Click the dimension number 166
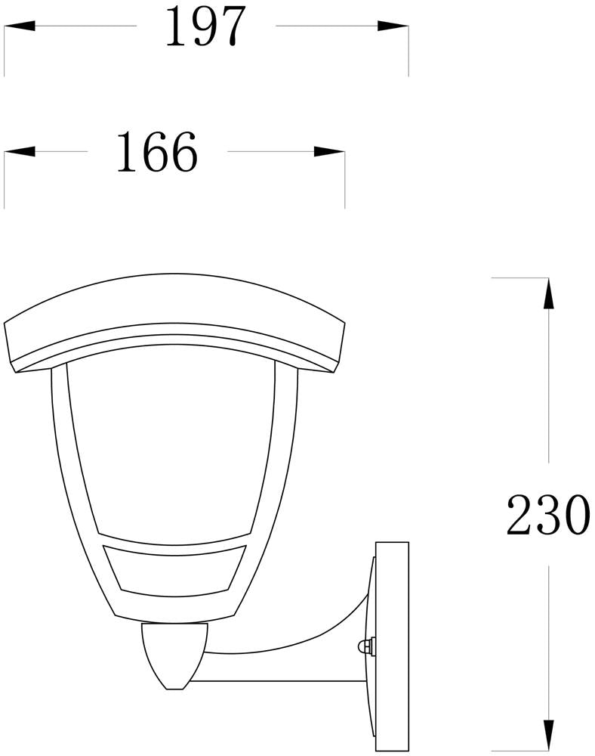point(157,152)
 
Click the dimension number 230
point(548,514)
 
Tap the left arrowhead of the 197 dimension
point(20,26)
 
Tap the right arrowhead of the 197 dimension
point(393,26)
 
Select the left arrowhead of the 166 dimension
point(20,151)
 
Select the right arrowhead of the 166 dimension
point(329,151)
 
